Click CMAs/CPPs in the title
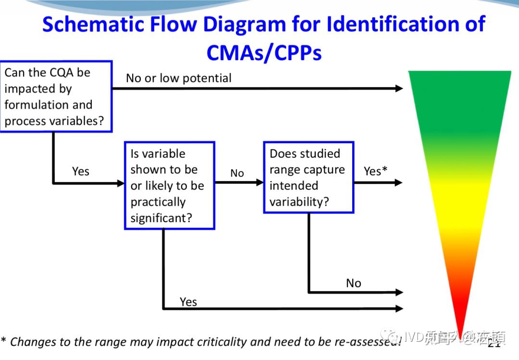coord(264,52)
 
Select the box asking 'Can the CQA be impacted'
coord(56,96)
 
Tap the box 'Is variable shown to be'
coord(169,186)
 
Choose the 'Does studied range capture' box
coord(309,177)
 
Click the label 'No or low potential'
coord(179,78)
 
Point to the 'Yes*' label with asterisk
coord(375,171)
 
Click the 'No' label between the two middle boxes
coord(237,173)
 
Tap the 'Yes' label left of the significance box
coord(81,171)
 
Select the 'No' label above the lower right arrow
coord(353,283)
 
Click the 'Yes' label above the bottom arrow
coord(188,301)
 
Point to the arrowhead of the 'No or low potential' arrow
coord(399,88)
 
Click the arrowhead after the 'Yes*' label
coord(398,183)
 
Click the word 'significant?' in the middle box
coord(161,218)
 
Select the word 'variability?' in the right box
coord(299,202)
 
